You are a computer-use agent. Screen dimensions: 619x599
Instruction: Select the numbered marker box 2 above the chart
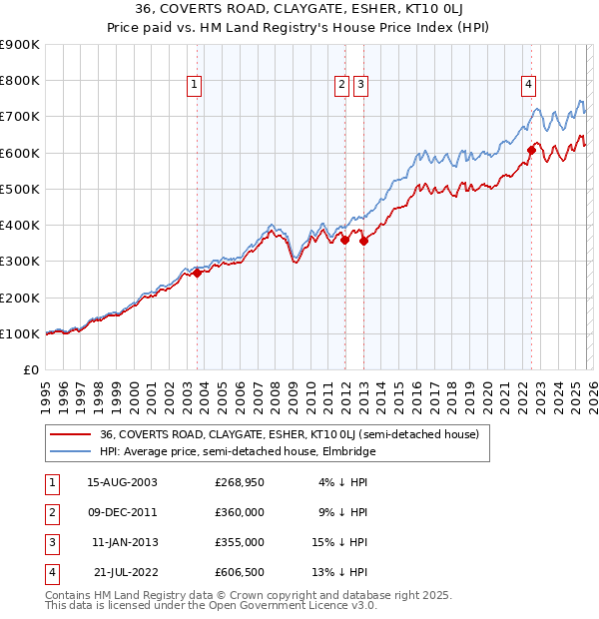point(341,86)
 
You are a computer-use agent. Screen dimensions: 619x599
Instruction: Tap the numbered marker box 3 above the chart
point(360,86)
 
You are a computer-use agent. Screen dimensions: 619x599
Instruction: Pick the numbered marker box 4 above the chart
point(527,86)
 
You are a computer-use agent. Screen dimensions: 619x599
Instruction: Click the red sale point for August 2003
point(197,273)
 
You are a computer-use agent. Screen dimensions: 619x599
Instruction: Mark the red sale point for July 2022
point(531,151)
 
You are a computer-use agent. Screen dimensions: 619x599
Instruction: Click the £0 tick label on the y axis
point(30,369)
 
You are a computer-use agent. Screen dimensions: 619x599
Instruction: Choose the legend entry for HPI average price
point(237,451)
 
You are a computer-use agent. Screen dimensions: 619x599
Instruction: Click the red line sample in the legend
point(71,434)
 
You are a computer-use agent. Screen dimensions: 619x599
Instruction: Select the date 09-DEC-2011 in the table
point(122,512)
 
